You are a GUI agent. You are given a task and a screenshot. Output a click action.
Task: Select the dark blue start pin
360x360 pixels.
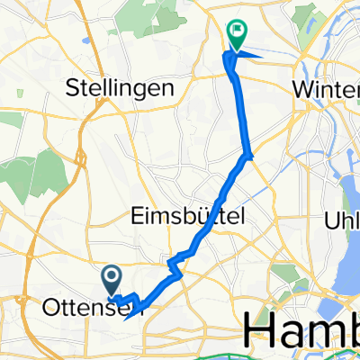(x=112, y=278)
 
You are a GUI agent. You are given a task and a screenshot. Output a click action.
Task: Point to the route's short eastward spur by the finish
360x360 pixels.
(x=251, y=54)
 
